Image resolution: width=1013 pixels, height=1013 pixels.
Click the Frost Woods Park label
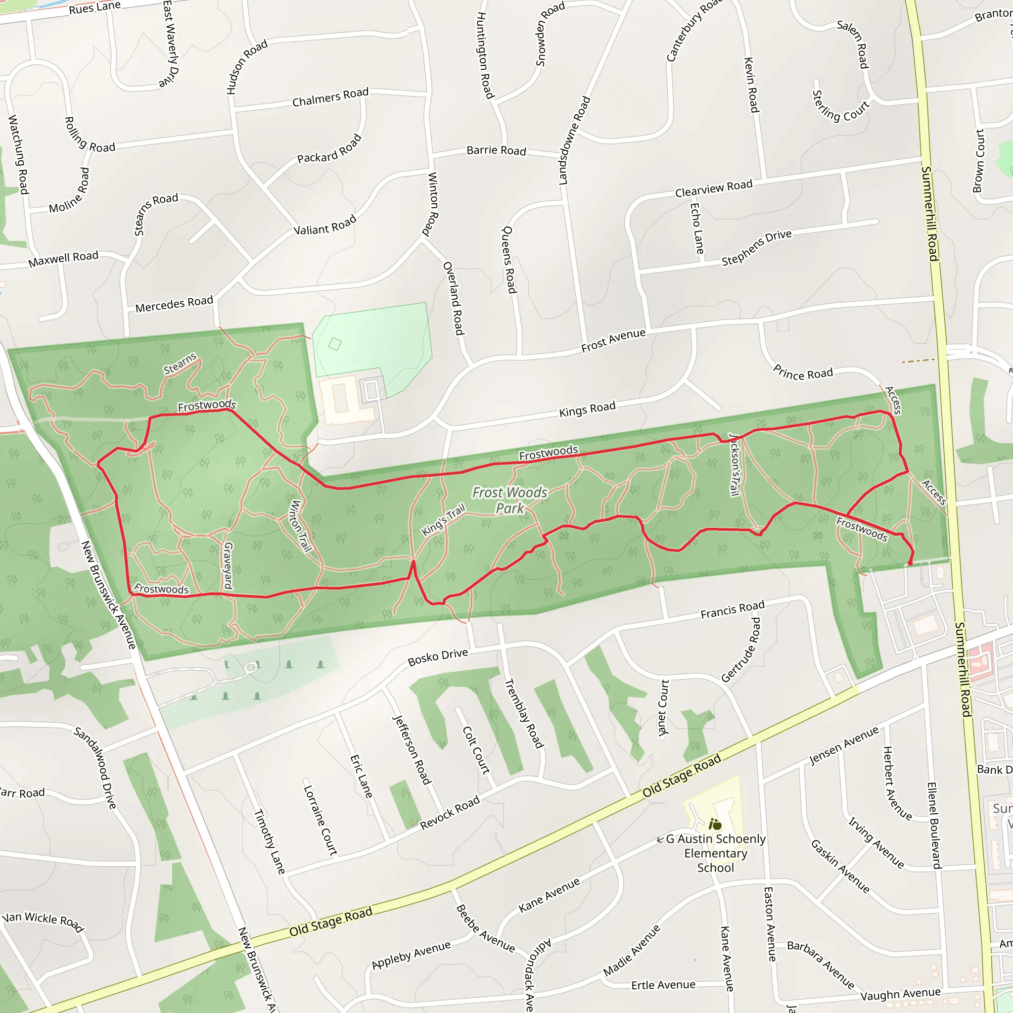[509, 500]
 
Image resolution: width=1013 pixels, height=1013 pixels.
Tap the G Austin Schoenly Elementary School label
[716, 853]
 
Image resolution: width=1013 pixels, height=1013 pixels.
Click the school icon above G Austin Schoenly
[715, 824]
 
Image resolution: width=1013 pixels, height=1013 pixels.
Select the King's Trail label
[444, 520]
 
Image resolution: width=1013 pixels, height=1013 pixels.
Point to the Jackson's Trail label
[735, 464]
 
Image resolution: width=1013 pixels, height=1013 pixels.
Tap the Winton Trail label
[300, 526]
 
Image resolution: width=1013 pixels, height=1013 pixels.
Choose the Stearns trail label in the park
[180, 364]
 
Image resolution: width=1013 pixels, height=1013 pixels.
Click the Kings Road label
[587, 409]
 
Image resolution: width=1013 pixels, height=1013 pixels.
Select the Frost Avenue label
[613, 340]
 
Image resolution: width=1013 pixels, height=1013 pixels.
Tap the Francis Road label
[733, 609]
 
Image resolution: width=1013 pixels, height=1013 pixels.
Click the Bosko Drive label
[438, 657]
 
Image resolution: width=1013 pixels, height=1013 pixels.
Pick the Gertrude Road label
[741, 650]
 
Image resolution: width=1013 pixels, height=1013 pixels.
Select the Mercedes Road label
[174, 304]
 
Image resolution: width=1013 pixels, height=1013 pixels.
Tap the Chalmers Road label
[330, 97]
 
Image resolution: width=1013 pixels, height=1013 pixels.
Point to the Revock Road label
[450, 812]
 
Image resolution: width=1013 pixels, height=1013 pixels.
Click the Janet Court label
[663, 708]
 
